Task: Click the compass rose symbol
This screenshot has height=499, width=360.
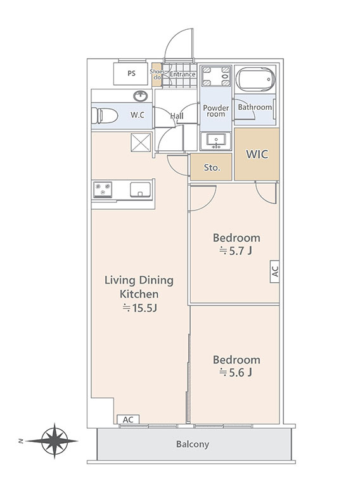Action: coord(54,441)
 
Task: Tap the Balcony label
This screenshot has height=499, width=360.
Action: coord(193,444)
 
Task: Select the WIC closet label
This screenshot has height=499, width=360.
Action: coord(257,154)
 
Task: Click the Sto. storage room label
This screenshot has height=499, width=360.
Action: coord(212,167)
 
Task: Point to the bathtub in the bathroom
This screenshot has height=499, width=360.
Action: coord(255,79)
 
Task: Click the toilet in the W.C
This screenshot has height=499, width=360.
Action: coord(105,115)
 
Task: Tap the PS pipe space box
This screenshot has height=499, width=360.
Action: coord(131,74)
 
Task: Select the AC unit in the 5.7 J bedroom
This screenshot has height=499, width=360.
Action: coord(275,271)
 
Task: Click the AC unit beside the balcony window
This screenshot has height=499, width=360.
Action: coord(128,420)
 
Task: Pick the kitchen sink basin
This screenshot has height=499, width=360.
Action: coord(140,190)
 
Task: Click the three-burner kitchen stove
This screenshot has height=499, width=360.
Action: coord(103,190)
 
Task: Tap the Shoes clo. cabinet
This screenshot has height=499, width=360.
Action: coord(156,75)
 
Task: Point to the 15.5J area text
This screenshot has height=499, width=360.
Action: coord(140,308)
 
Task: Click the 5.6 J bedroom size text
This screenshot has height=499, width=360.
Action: coord(236,372)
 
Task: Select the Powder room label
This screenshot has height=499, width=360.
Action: coord(216,111)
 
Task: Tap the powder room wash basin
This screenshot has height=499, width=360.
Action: coord(216,140)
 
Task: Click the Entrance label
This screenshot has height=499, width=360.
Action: coord(183,74)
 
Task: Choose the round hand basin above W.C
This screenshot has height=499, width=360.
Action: coord(140,96)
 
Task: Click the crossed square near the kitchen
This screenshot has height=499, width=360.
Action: coord(141,142)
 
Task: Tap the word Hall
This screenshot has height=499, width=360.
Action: coord(177,116)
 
